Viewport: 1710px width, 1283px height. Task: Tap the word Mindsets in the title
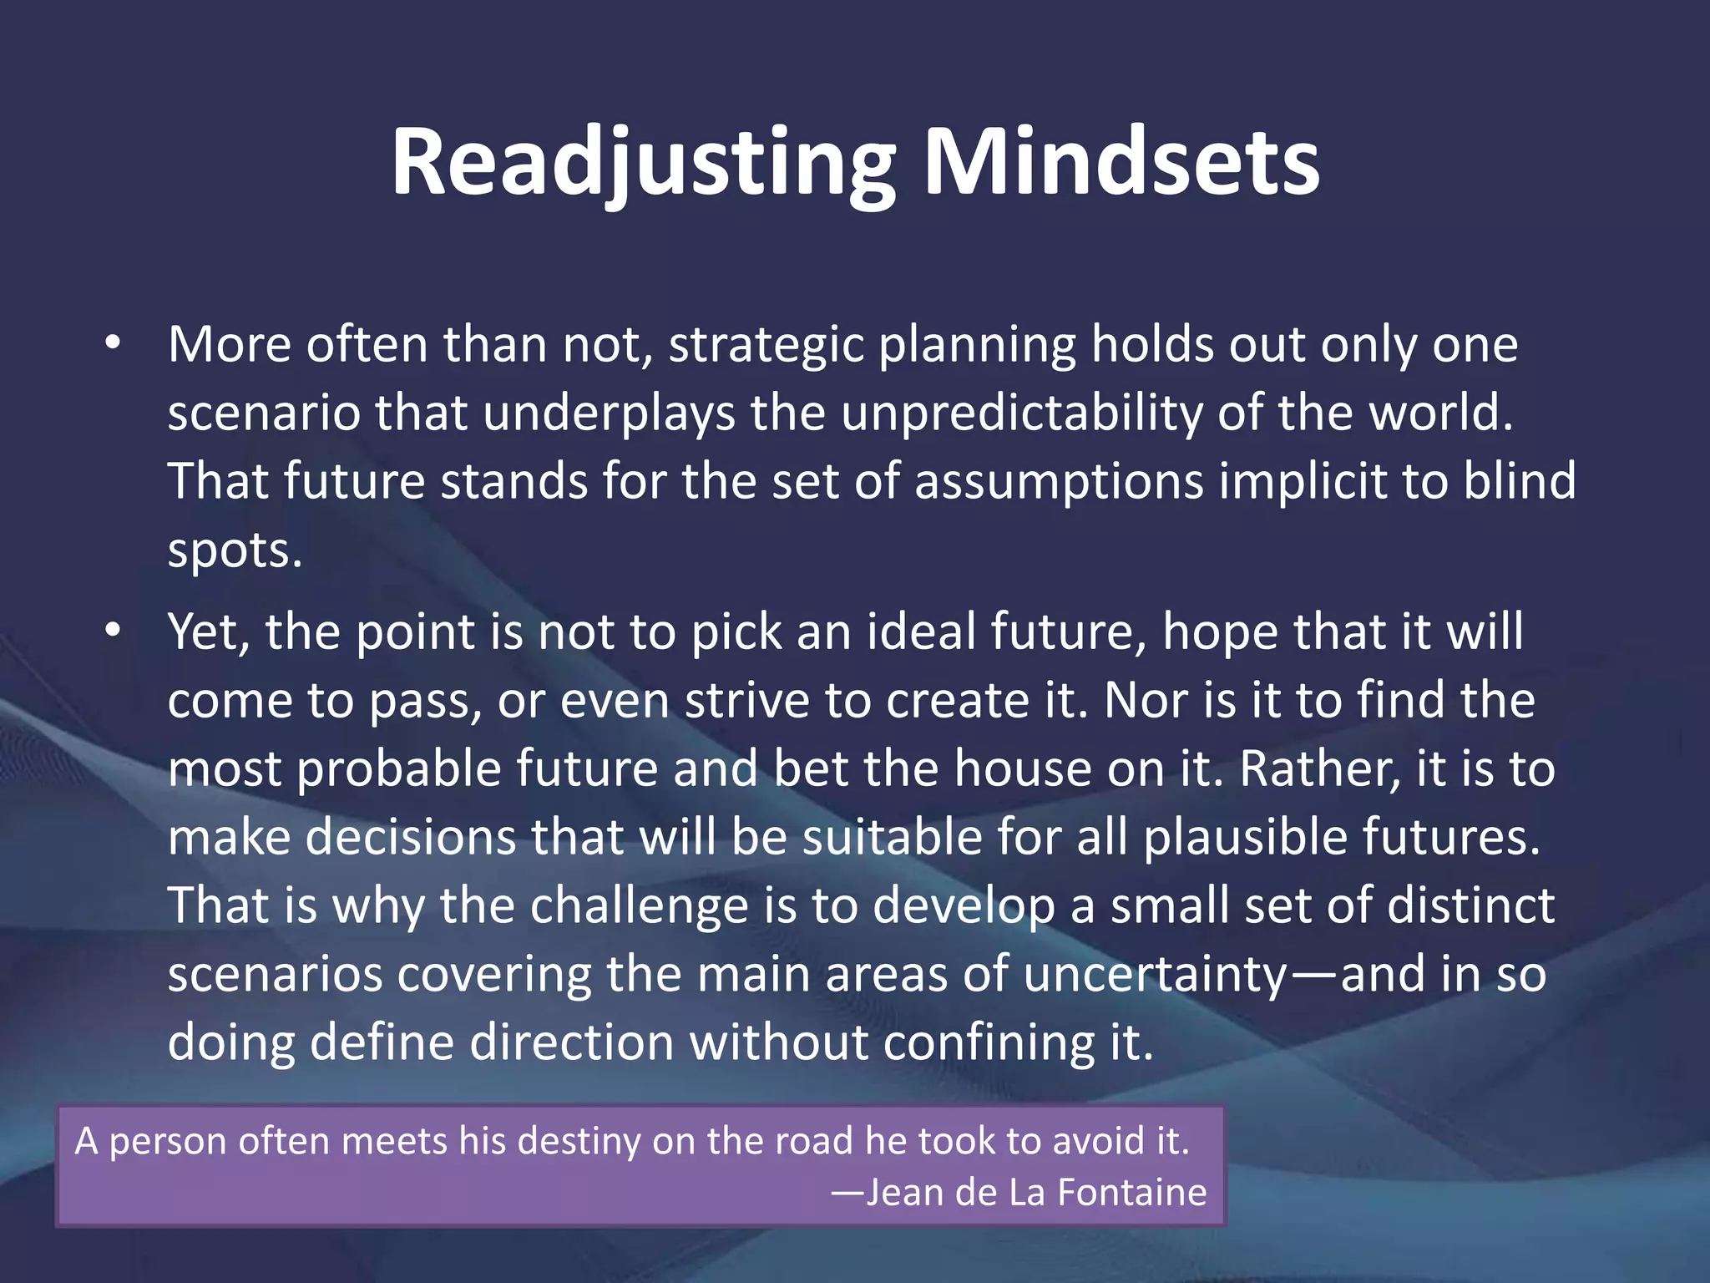[1121, 163]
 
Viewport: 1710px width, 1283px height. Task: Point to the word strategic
[766, 345]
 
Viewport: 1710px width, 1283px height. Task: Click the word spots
[234, 551]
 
